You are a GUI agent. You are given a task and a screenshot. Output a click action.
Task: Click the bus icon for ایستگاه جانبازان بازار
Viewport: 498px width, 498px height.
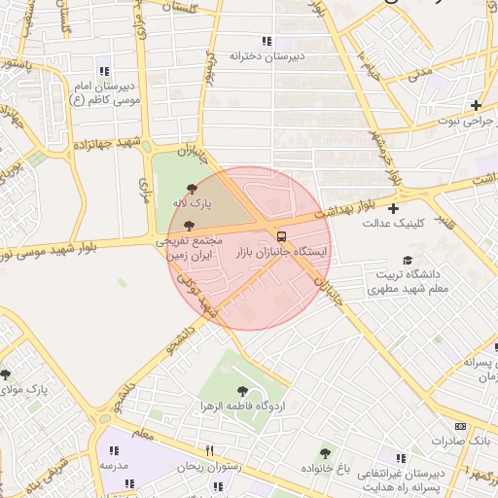point(281,236)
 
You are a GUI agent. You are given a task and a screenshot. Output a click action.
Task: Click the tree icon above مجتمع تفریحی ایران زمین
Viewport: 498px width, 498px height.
point(188,225)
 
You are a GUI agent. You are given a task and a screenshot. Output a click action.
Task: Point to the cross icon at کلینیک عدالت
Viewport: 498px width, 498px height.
point(393,208)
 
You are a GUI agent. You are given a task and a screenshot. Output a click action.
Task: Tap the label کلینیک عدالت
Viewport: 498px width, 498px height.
point(394,224)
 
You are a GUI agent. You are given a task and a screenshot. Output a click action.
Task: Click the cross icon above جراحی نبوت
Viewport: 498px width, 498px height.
point(476,105)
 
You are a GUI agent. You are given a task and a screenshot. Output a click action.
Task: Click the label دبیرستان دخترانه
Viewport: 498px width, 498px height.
point(267,56)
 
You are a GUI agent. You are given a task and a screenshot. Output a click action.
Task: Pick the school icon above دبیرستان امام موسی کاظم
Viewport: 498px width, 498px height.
point(104,70)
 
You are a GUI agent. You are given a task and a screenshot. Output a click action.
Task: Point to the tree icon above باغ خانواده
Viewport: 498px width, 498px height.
point(325,453)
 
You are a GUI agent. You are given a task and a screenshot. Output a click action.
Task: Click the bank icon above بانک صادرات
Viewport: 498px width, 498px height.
point(460,426)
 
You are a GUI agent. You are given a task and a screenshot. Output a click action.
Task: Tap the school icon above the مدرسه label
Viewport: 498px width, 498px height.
point(114,450)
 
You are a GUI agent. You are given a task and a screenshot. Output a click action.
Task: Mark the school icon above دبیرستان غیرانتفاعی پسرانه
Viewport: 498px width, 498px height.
point(401,458)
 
